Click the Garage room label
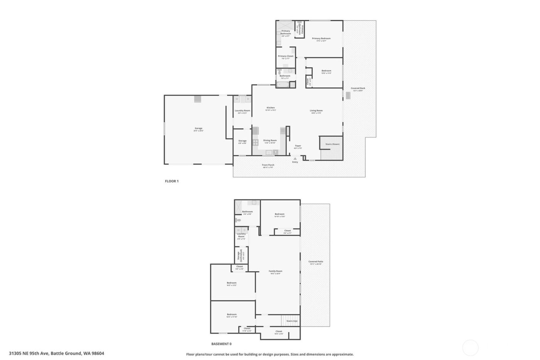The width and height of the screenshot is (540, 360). click(x=198, y=128)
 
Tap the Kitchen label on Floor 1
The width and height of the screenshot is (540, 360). click(x=271, y=108)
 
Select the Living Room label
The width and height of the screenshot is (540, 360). click(x=316, y=111)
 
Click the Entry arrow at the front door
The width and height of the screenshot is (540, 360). click(x=295, y=159)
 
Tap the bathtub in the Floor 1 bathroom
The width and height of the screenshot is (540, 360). click(x=283, y=85)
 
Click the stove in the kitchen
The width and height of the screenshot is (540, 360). click(x=255, y=142)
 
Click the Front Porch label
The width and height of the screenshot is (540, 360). click(x=268, y=165)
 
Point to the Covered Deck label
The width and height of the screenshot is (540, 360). click(x=358, y=88)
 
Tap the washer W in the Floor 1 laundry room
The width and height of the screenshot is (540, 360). click(x=237, y=99)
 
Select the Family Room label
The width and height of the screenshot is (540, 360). click(x=275, y=271)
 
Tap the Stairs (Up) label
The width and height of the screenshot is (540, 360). click(x=292, y=321)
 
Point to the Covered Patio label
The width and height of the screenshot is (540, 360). click(x=316, y=262)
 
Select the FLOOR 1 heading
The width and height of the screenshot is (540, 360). click(x=172, y=181)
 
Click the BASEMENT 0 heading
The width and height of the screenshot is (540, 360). click(x=221, y=344)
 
